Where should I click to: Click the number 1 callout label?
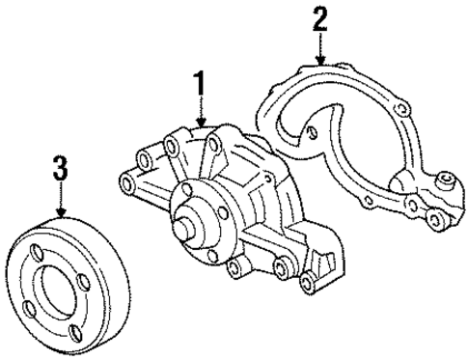201,86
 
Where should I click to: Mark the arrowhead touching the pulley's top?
61,213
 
